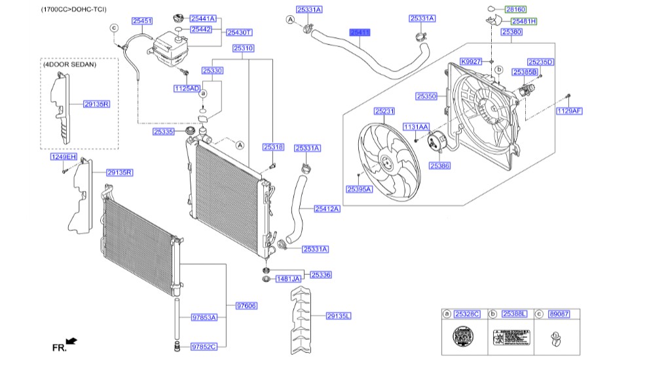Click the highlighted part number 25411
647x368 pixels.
360,31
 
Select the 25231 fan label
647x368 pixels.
384,112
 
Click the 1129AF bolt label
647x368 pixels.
568,111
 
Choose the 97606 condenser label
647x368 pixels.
246,306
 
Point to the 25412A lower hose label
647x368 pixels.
327,209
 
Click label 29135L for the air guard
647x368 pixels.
339,316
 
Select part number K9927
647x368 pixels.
470,61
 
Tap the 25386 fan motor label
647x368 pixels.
439,167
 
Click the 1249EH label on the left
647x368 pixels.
64,157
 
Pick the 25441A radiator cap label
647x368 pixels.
203,19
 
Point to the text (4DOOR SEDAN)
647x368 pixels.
69,65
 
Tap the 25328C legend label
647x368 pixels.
468,314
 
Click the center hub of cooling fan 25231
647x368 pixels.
385,163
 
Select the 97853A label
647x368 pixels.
204,317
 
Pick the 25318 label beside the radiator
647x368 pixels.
273,148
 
